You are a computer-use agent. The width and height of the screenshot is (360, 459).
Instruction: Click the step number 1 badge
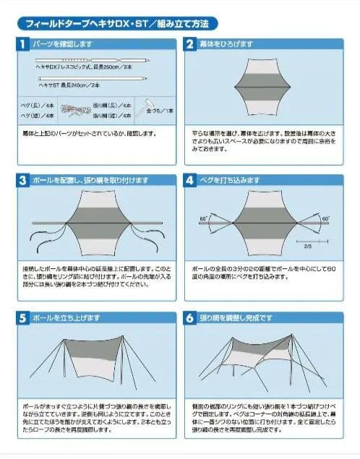coord(22,44)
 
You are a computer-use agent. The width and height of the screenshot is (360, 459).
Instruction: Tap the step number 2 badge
coord(190,44)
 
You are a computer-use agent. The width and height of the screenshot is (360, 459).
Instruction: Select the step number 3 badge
coord(22,179)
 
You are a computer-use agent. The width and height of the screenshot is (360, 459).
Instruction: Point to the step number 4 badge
coord(190,179)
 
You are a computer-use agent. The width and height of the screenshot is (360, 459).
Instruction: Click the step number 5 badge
coord(22,317)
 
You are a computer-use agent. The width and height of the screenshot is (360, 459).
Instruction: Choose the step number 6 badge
coord(190,317)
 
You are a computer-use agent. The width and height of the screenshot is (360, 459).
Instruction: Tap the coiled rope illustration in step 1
coord(73,110)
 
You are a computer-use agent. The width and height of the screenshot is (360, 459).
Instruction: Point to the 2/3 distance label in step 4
coord(308,246)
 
